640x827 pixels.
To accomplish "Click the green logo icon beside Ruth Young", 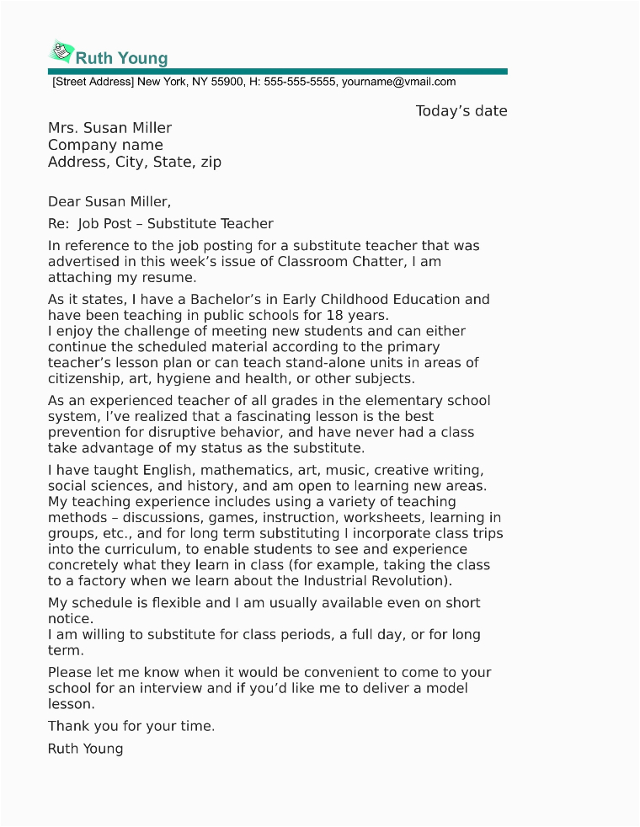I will point(61,52).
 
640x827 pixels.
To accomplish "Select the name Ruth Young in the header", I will point(122,58).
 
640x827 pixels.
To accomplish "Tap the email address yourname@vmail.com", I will point(398,83).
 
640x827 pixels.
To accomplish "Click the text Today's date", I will point(461,111).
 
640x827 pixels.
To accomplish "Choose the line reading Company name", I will point(105,145).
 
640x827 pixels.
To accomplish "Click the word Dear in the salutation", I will point(63,201).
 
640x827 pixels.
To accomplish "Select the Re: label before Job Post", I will point(58,224).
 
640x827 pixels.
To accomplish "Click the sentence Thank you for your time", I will point(131,726).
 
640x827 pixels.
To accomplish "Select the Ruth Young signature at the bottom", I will point(85,748).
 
